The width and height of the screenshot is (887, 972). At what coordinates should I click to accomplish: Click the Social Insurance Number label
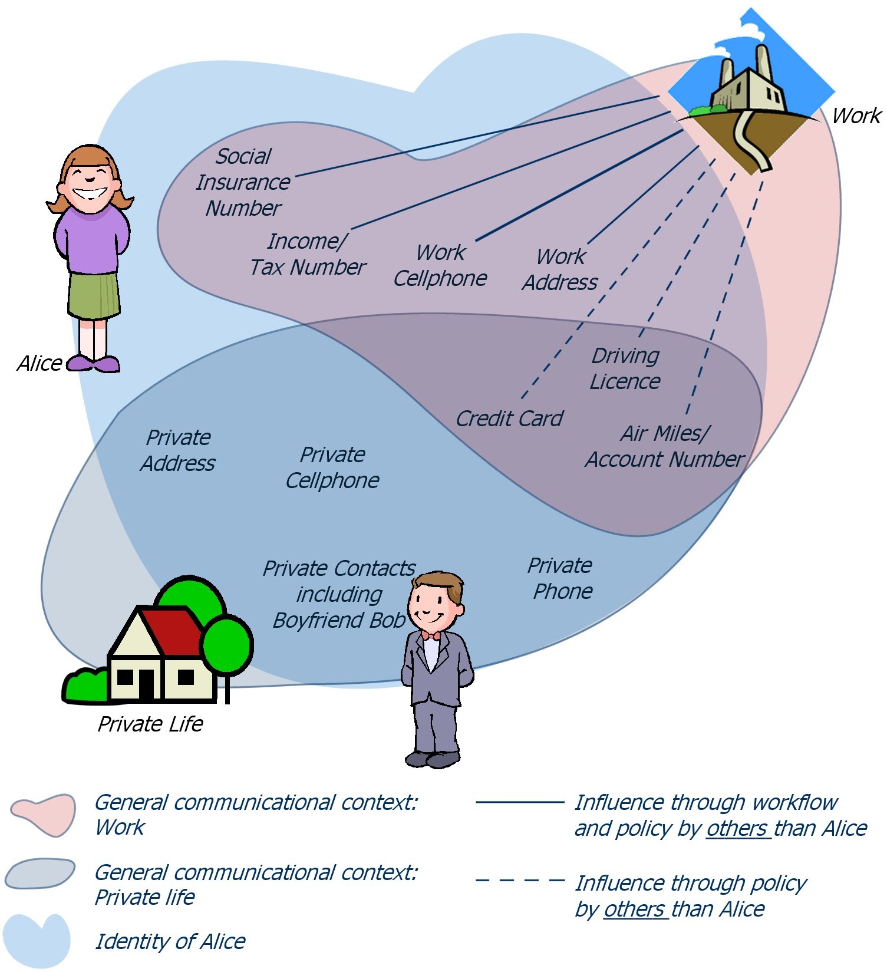(243, 182)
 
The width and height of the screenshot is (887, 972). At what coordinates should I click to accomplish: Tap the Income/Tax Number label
(308, 254)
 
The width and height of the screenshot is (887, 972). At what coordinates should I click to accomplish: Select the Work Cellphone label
(440, 265)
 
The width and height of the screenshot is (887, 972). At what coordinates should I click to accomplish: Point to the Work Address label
(560, 269)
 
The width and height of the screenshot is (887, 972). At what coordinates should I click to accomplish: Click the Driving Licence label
(625, 368)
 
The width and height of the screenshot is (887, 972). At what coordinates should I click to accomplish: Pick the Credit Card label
(509, 419)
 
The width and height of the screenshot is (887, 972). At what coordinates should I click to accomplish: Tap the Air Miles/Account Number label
(665, 446)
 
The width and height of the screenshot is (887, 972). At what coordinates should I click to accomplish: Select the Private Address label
(178, 450)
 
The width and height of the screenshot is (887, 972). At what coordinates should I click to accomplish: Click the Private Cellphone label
(332, 467)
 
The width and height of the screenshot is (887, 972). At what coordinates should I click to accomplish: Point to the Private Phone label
(560, 578)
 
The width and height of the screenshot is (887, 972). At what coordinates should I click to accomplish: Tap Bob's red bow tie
(430, 635)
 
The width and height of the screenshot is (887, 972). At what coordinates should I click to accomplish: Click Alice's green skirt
(94, 295)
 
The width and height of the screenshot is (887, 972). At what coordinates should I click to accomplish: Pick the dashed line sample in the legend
(520, 881)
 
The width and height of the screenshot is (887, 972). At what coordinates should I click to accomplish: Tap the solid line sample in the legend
(520, 802)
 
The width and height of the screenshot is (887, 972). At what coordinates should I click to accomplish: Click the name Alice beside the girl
(39, 363)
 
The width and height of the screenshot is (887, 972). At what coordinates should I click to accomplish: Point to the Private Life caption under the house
(150, 724)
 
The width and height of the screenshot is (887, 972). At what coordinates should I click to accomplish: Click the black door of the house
(146, 684)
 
